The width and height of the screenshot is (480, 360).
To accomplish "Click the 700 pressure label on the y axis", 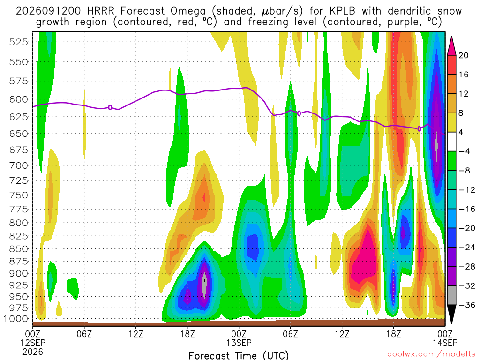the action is point(19,165).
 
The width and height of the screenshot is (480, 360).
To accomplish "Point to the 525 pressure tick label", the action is point(19,42).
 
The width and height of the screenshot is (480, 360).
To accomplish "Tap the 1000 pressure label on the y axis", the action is point(16,319).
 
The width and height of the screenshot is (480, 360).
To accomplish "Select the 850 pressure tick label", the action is point(19,249).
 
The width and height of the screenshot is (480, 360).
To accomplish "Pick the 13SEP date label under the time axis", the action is point(239,343).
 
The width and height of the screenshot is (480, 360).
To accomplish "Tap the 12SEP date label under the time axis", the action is point(33,343).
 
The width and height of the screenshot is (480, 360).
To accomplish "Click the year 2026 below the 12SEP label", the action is point(33,352).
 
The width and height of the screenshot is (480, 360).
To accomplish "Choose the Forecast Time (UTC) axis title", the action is point(239,355).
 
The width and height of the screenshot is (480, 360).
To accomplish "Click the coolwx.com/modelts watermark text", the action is point(431,354).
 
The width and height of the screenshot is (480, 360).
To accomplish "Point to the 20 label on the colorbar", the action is point(463,55).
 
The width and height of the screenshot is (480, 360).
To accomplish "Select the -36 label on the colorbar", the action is point(467,305).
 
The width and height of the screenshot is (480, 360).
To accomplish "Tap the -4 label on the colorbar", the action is point(464,151).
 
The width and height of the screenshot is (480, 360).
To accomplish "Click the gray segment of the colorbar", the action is point(451,295).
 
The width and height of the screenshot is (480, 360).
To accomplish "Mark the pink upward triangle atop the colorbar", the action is point(451,46).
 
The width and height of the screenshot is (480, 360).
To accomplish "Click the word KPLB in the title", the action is point(342,11).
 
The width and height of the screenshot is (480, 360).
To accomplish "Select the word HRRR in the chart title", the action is point(100,11).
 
